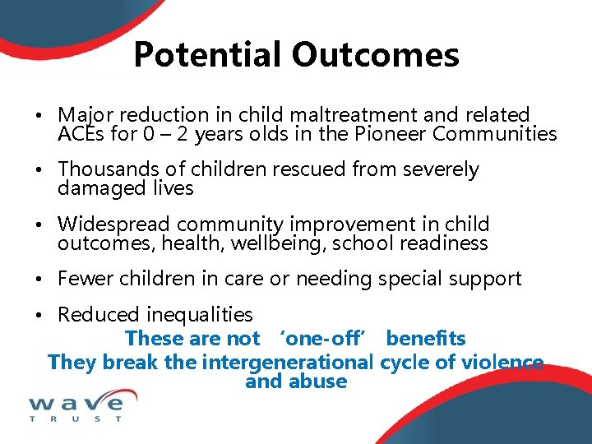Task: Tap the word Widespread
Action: pyautogui.click(x=113, y=224)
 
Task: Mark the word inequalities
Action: pyautogui.click(x=201, y=315)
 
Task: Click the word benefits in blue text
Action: pyautogui.click(x=426, y=338)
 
